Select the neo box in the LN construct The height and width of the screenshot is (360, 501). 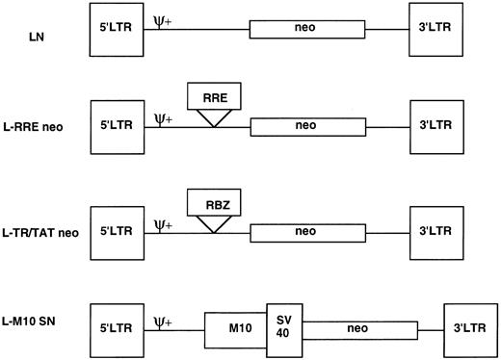pyautogui.click(x=306, y=31)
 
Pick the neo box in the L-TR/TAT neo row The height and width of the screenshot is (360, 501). pyautogui.click(x=306, y=231)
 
